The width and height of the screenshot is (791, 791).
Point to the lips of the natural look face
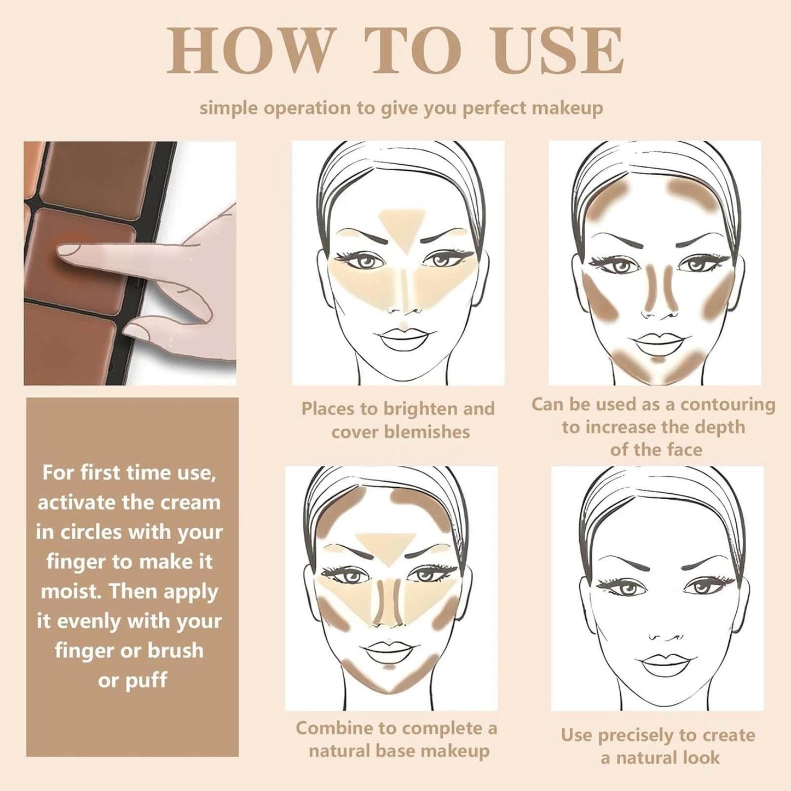click(661, 665)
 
